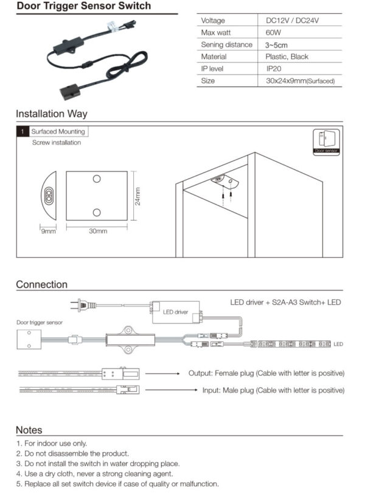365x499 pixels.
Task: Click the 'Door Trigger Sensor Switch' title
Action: tap(83, 6)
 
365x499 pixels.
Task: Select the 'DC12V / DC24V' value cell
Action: tap(292, 21)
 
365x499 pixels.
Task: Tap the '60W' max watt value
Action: tap(273, 32)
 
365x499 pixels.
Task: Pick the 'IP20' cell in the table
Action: tap(274, 69)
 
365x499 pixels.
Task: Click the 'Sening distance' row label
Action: tap(226, 44)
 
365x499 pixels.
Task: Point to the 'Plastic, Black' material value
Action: tap(287, 57)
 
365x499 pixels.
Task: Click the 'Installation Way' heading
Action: tap(51, 113)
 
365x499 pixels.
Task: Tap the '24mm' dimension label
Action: tap(137, 196)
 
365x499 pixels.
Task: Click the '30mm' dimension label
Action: tap(98, 232)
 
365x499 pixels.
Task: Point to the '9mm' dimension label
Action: tap(48, 232)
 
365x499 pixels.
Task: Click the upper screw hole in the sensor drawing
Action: tap(97, 179)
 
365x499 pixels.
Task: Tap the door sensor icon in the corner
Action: tap(325, 141)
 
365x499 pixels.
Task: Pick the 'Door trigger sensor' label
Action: tap(39, 322)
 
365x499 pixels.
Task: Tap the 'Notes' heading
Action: tap(29, 430)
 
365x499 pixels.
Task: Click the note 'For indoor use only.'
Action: tap(55, 444)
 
